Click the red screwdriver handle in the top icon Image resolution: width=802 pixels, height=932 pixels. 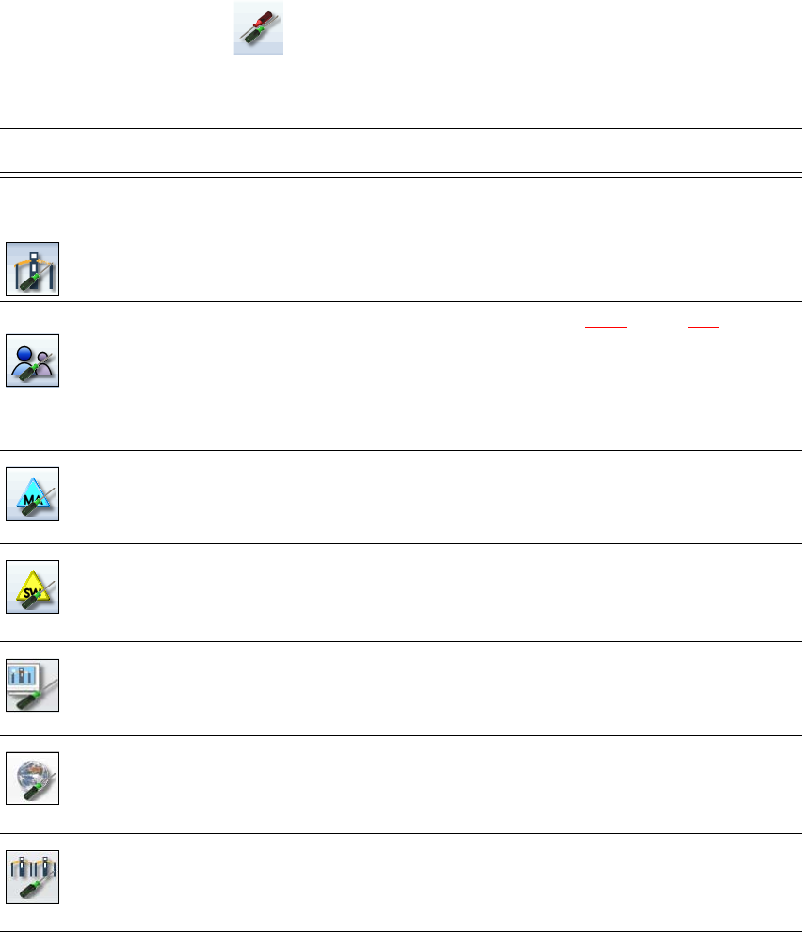[265, 23]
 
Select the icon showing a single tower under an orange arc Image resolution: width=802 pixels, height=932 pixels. [33, 268]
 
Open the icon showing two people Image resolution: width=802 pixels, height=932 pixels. [33, 361]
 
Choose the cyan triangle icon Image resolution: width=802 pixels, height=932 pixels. [33, 493]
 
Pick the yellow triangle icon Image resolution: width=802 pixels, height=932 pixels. [33, 587]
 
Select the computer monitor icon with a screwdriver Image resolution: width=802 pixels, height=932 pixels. [33, 684]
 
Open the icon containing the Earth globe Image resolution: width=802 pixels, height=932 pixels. [33, 778]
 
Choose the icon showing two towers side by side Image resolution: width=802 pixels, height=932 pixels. [33, 876]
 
